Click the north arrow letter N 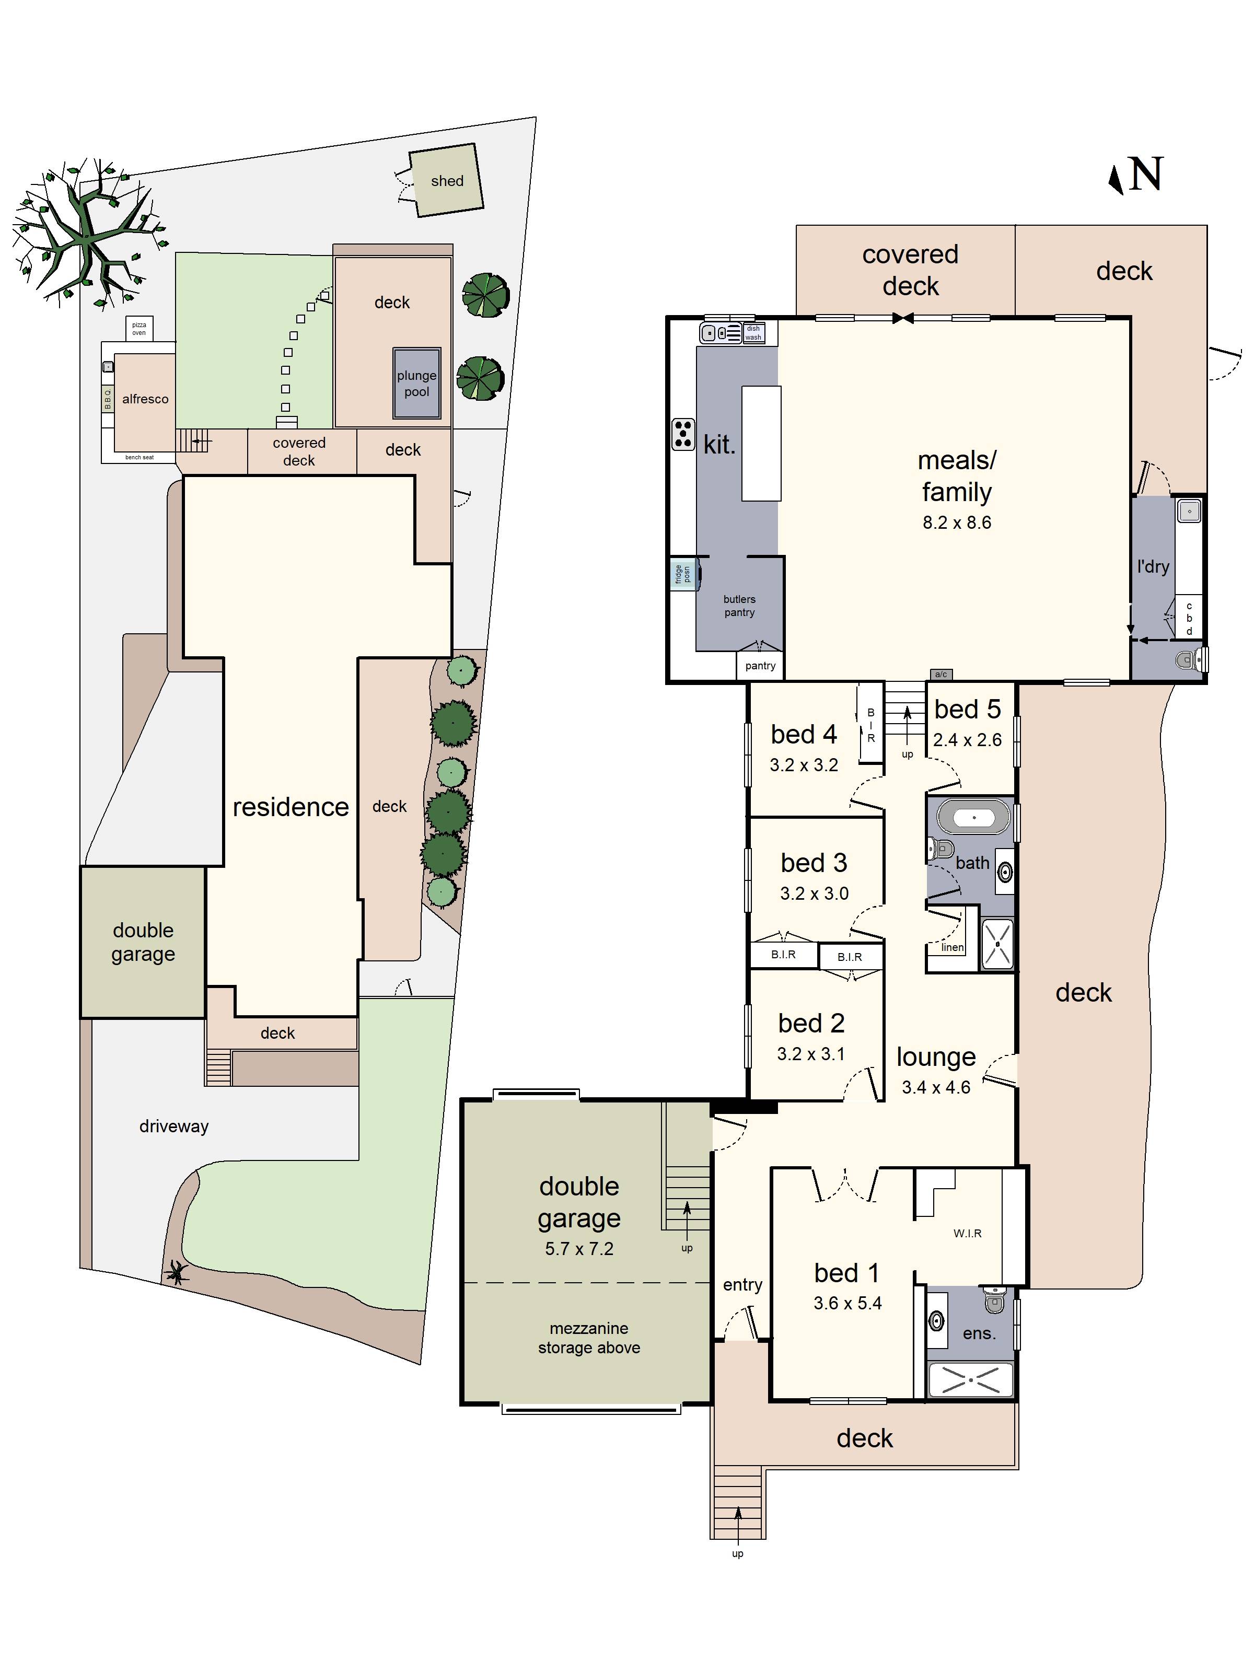click(1145, 176)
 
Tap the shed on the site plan click(446, 181)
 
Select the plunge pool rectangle click(416, 383)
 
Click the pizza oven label click(139, 328)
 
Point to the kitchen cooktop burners click(683, 435)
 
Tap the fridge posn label click(682, 574)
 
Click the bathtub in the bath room click(973, 818)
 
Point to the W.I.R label click(967, 1233)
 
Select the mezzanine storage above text click(589, 1338)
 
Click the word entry click(742, 1284)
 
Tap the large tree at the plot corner click(87, 234)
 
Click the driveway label click(174, 1127)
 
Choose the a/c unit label click(941, 674)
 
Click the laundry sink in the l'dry click(1189, 512)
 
